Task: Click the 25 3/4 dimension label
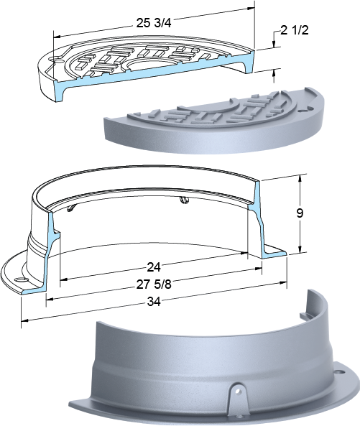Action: point(154,24)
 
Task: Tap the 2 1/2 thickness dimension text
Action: point(295,30)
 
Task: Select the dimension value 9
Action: point(300,213)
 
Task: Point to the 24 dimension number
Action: point(154,267)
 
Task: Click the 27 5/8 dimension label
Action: point(154,284)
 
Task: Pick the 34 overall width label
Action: point(154,301)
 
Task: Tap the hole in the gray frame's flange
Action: point(338,371)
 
